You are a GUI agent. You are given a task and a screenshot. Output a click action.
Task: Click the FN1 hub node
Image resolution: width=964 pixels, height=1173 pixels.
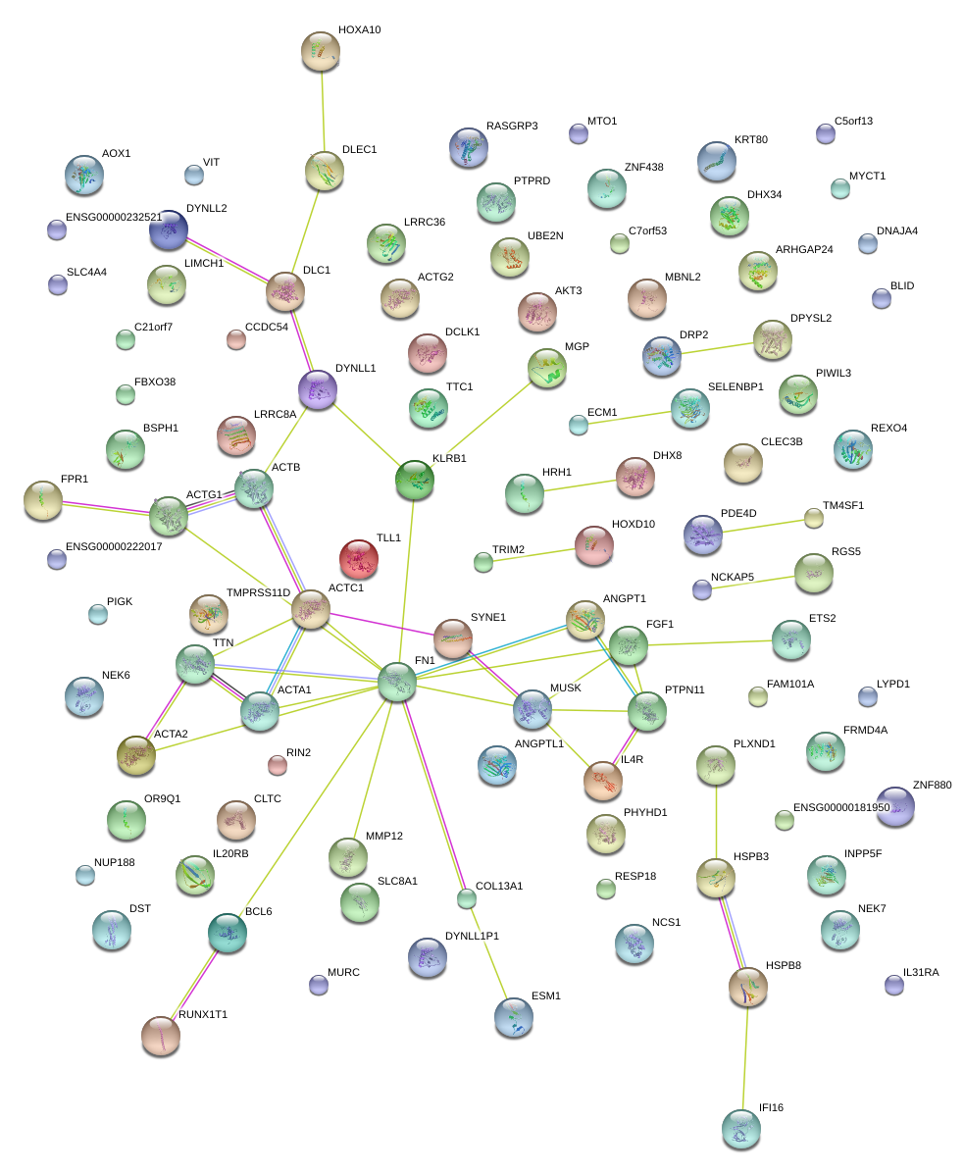point(397,682)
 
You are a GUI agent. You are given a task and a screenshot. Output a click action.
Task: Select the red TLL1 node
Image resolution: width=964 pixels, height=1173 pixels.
point(358,559)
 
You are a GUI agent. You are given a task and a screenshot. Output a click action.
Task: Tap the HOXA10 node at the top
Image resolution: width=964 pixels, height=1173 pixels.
point(320,51)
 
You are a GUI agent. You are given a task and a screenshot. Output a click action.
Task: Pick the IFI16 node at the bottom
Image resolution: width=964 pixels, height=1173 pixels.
point(740,1129)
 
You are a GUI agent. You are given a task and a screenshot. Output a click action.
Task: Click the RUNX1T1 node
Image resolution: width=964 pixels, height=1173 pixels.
point(160,1036)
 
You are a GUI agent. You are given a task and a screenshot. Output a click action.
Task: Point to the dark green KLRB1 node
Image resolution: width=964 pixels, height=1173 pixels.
point(415,479)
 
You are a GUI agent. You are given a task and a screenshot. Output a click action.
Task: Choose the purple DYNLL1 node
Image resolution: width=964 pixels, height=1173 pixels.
point(317,389)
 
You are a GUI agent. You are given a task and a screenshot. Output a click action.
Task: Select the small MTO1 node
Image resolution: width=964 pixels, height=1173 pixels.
point(579,134)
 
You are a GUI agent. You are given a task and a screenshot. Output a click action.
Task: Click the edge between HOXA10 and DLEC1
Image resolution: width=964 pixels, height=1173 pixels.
point(323,112)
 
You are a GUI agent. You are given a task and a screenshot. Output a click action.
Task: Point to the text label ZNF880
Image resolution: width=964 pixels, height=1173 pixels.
point(932,786)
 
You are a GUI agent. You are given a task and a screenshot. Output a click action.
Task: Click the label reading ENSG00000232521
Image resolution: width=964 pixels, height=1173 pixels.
point(114,217)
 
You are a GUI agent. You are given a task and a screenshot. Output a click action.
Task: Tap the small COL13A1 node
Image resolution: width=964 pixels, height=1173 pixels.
point(467,897)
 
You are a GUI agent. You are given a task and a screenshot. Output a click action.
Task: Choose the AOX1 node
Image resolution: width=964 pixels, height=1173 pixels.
point(83,176)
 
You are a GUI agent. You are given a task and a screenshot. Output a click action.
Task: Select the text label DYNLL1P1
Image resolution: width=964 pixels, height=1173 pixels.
point(472,937)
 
